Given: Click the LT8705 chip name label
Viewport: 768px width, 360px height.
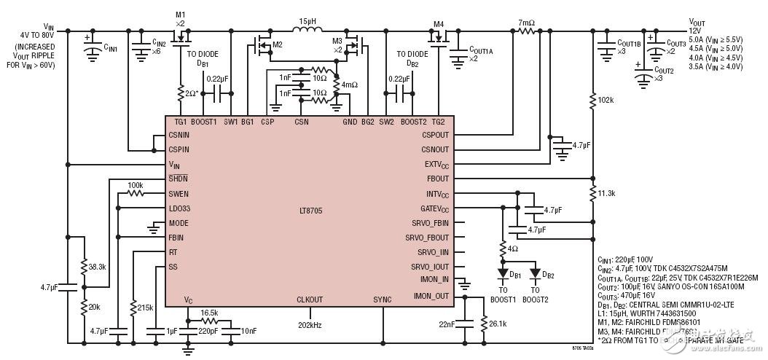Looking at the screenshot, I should pos(310,211).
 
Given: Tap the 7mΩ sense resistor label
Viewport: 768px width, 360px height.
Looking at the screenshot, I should pos(527,22).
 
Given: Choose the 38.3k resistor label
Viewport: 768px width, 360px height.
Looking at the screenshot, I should pos(97,267).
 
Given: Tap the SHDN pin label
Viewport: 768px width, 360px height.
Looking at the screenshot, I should pos(179,179).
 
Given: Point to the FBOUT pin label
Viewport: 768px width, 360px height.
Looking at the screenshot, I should pos(437,179).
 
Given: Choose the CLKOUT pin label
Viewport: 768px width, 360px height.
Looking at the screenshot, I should pos(309,300).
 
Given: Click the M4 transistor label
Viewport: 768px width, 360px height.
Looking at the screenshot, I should pos(439,23).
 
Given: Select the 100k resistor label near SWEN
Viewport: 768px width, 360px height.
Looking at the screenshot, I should pos(135,185).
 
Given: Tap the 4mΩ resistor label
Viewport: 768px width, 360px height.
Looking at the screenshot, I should pos(350,85).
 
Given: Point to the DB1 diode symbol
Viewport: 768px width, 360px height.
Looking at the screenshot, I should pos(502,274).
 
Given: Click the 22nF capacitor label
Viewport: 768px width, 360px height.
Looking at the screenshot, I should pos(447,322).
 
